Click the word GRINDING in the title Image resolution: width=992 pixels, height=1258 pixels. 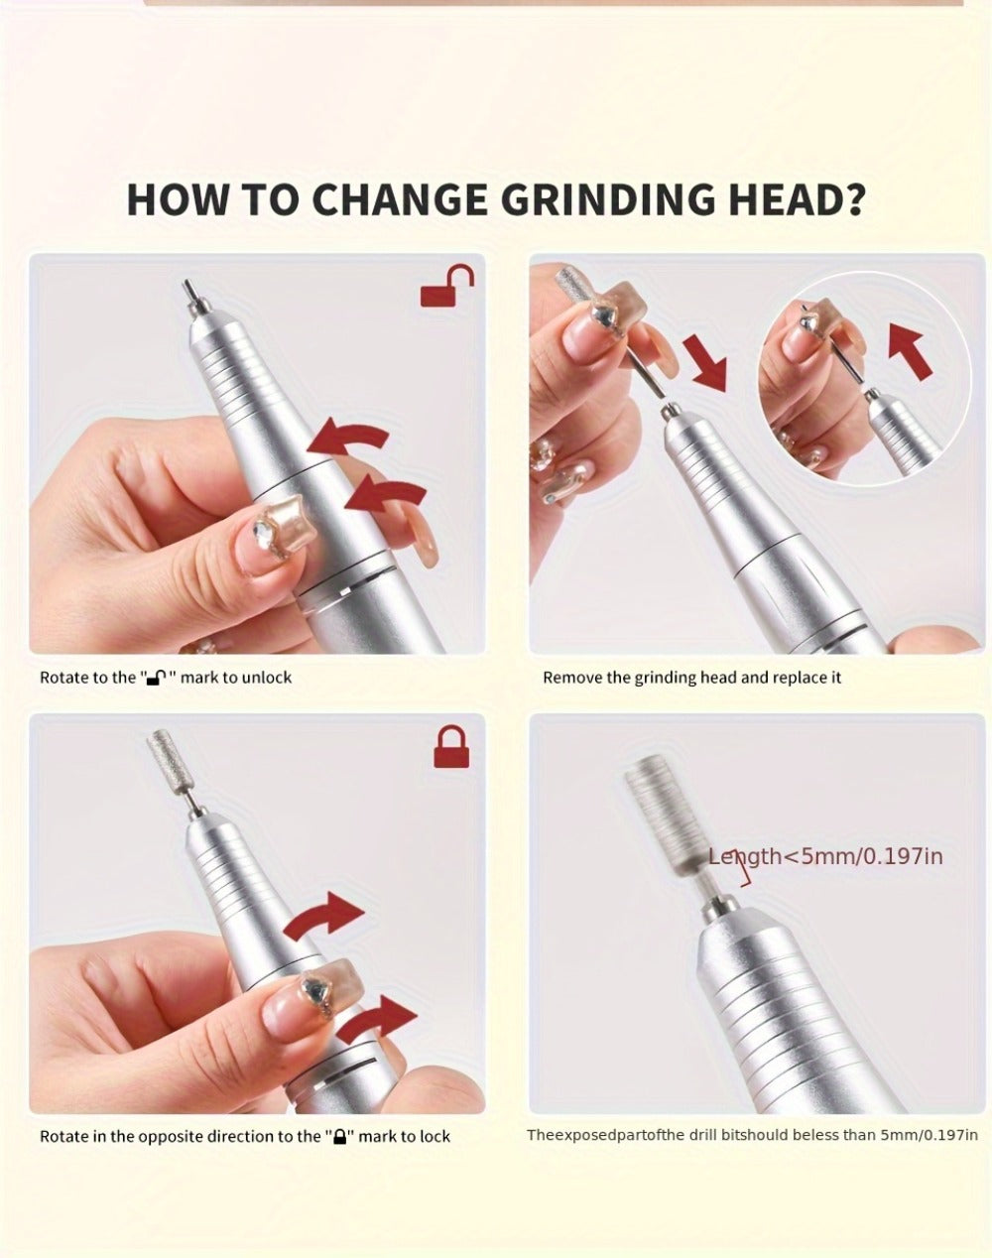click(608, 200)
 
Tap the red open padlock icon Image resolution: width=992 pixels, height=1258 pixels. click(447, 286)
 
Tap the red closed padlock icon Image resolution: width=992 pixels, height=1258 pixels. click(451, 746)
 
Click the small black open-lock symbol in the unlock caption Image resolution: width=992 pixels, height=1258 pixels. click(157, 678)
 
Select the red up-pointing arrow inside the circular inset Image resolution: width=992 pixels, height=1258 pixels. click(910, 352)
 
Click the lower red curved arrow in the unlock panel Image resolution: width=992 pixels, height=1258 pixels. click(386, 493)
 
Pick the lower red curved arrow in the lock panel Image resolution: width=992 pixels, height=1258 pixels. click(377, 1018)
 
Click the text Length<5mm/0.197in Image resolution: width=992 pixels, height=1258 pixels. click(825, 857)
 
